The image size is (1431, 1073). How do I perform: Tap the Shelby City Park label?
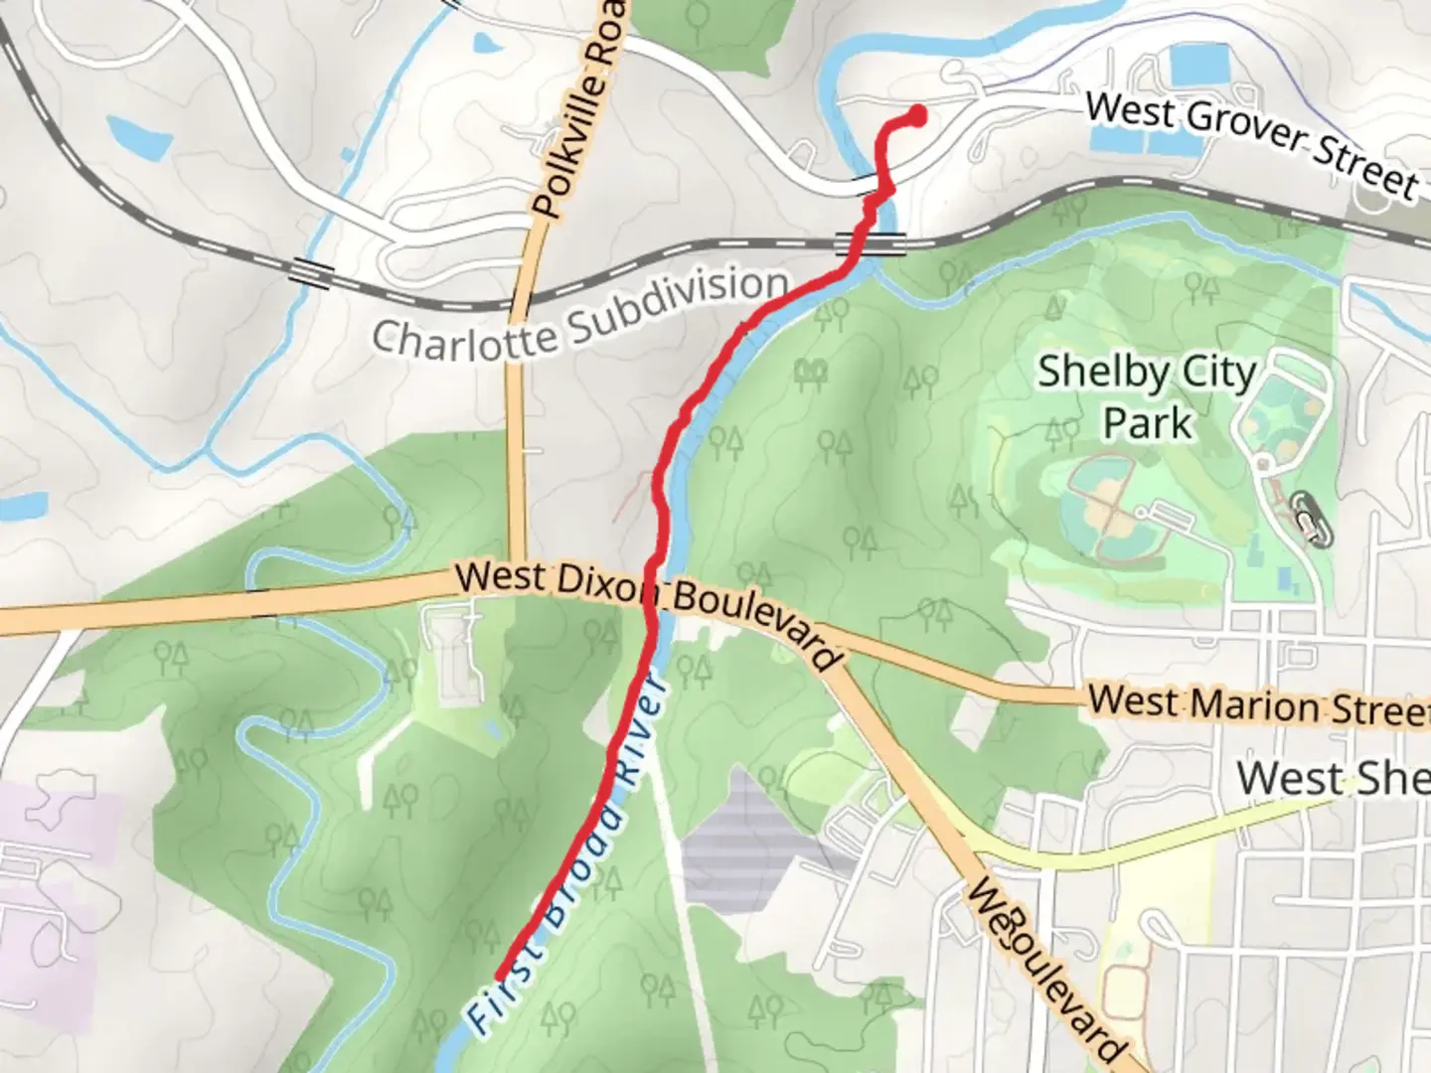pos(1147,397)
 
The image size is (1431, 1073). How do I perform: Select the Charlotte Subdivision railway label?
pos(580,314)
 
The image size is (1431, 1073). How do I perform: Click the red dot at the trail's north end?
pos(916,116)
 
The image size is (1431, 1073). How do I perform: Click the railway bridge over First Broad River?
pos(871,242)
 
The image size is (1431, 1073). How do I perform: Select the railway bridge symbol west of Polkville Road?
pos(311,274)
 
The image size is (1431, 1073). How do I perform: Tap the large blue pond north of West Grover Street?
pos(1200,66)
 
